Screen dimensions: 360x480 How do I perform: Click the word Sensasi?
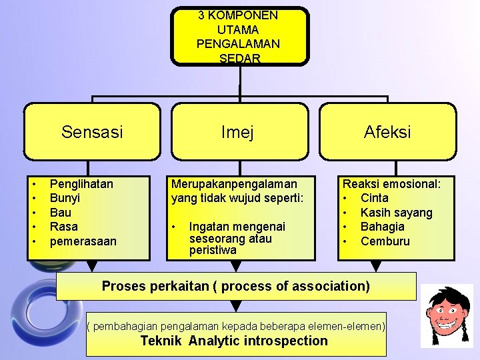click(92, 132)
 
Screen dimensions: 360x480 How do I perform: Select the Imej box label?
click(238, 133)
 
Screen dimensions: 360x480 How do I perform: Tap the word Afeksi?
click(387, 132)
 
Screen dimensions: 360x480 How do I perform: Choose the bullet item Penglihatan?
click(81, 183)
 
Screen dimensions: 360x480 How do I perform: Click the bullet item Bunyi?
click(65, 198)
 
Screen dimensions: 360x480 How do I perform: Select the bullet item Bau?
click(61, 212)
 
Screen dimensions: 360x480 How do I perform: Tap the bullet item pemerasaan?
click(83, 241)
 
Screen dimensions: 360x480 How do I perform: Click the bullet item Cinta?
click(374, 198)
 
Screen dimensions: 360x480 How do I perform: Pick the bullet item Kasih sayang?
click(396, 213)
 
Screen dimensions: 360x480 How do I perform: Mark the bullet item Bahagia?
click(382, 227)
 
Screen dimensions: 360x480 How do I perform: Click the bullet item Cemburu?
click(385, 241)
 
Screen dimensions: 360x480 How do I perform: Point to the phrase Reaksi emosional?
click(391, 183)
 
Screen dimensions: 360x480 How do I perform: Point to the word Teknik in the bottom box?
click(162, 341)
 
